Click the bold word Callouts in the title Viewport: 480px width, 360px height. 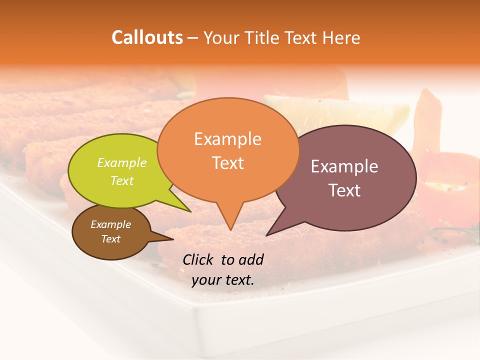(147, 37)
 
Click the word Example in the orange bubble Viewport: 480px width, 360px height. (227, 139)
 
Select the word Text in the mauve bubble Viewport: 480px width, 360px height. (345, 190)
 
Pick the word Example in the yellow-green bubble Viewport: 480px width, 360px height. (122, 163)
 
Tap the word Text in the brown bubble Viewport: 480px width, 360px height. (111, 239)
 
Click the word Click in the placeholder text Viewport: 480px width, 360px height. (198, 259)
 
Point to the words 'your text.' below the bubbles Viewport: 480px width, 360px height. (223, 280)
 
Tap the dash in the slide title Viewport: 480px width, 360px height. (193, 38)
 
